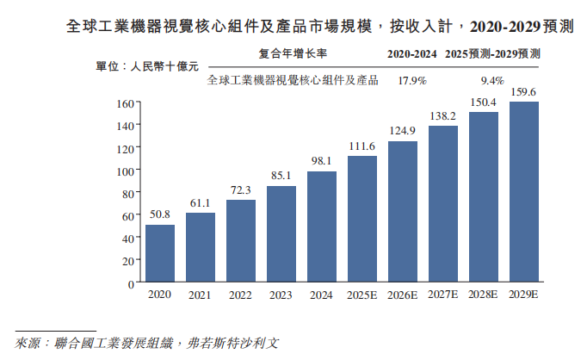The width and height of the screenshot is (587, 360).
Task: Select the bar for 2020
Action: pos(160,253)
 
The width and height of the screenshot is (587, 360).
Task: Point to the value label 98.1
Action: pos(322,161)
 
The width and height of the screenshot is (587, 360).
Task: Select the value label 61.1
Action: pos(201,202)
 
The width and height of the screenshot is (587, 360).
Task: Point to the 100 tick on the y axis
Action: pos(125,171)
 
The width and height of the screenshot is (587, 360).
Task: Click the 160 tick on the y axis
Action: pos(125,103)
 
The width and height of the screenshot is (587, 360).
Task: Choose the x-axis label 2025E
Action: pos(362,295)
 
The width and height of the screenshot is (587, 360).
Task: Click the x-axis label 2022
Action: pos(241,295)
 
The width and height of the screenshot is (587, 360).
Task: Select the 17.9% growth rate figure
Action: pos(412,81)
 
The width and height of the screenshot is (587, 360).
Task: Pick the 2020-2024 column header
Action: pos(412,53)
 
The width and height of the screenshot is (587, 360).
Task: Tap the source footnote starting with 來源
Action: pos(146,343)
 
